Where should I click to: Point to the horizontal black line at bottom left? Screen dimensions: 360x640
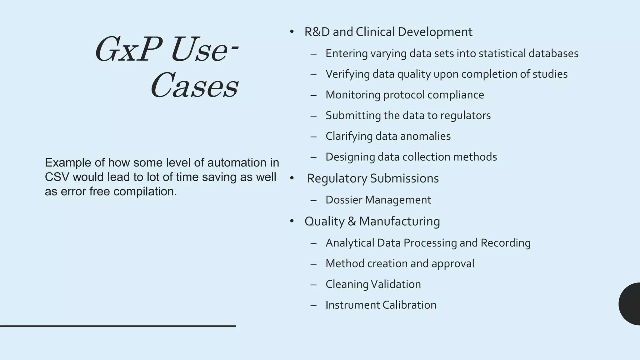click(118, 326)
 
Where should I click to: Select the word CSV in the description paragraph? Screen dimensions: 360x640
click(57, 177)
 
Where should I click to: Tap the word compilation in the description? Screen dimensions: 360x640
click(145, 192)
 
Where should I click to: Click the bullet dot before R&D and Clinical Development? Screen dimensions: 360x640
click(292, 32)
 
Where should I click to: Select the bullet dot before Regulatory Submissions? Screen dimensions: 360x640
click(292, 178)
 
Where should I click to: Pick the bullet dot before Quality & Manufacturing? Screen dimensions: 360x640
click(292, 221)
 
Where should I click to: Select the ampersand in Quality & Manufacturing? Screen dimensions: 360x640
click(352, 221)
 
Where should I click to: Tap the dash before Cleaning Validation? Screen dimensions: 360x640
click(313, 284)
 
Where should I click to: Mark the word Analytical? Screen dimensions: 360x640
click(350, 243)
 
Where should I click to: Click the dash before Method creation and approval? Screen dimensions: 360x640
click(313, 264)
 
